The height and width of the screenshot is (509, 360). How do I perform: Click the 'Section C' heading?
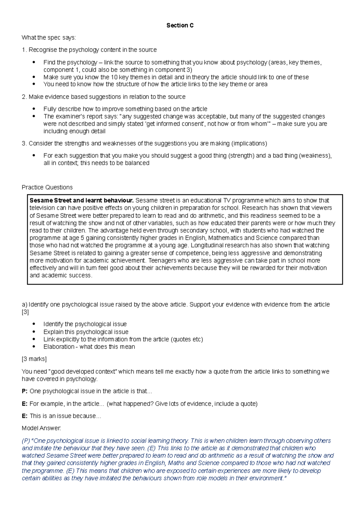(x=180, y=25)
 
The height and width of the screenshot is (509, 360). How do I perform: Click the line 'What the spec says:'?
(x=49, y=38)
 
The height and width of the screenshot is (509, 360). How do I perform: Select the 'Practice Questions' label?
(x=47, y=187)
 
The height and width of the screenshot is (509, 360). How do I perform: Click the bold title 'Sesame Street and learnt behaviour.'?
(x=81, y=201)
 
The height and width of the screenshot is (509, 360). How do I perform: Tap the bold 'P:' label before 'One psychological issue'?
(x=25, y=391)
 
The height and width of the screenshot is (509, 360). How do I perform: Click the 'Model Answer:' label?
(x=41, y=428)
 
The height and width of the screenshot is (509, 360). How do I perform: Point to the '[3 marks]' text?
(x=34, y=359)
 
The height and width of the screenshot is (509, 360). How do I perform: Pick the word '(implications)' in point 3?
(x=249, y=144)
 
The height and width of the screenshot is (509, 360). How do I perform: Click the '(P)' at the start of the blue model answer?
(x=26, y=441)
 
